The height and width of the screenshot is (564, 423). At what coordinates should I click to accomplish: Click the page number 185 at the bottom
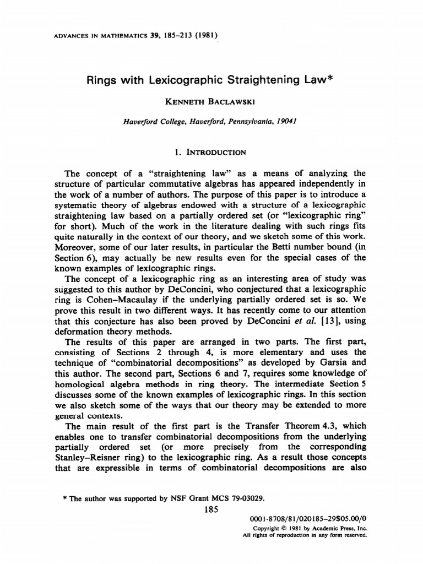(x=211, y=509)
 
